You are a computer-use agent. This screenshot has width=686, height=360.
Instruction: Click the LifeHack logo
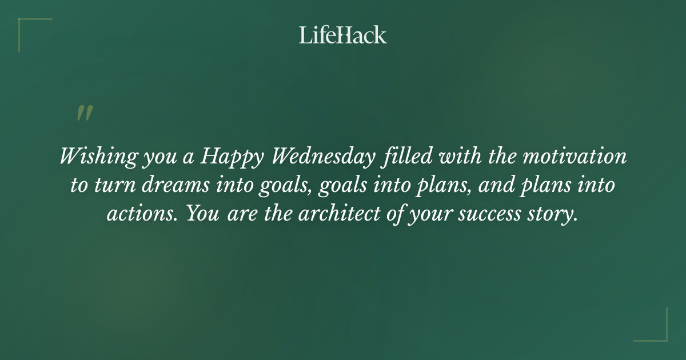pyautogui.click(x=343, y=35)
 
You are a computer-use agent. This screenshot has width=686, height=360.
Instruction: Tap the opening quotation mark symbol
pyautogui.click(x=84, y=113)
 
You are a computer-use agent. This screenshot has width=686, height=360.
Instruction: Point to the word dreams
pyautogui.click(x=169, y=186)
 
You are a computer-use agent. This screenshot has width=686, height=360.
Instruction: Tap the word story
pyautogui.click(x=559, y=215)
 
